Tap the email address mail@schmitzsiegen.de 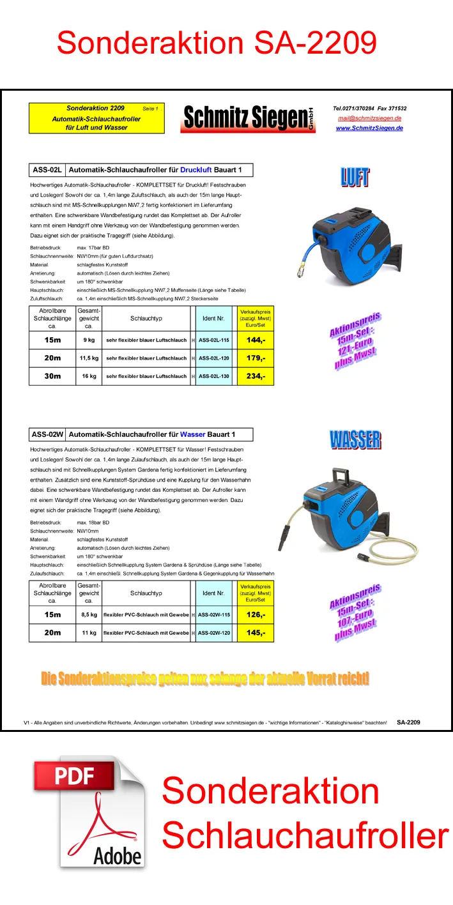(x=369, y=118)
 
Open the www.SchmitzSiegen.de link (x=369, y=128)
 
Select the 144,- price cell (x=256, y=340)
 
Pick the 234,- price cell (x=256, y=376)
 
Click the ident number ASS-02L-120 (x=213, y=358)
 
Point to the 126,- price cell (x=256, y=615)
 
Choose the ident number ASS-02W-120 (x=213, y=633)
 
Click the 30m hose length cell (x=52, y=376)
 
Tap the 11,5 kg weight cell (x=89, y=358)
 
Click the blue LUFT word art (x=355, y=177)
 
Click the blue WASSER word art (x=355, y=440)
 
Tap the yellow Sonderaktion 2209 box (x=96, y=118)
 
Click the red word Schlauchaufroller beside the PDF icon (x=305, y=835)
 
